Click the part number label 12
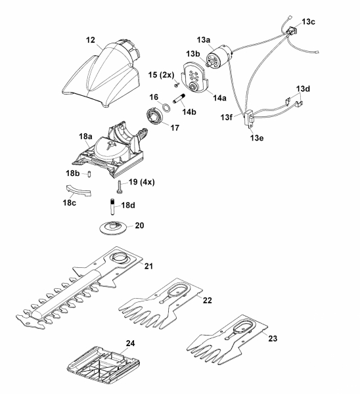pyautogui.click(x=91, y=40)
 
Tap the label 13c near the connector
pyautogui.click(x=308, y=22)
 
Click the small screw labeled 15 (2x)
pyautogui.click(x=176, y=85)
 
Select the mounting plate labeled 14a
pyautogui.click(x=195, y=77)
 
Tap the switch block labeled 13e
pyautogui.click(x=249, y=119)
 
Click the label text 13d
pyautogui.click(x=303, y=89)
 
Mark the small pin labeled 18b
pyautogui.click(x=89, y=174)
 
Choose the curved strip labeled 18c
pyautogui.click(x=79, y=191)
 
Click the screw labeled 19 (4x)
pyautogui.click(x=120, y=187)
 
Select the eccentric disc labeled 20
pyautogui.click(x=112, y=228)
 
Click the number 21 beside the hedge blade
pyautogui.click(x=148, y=266)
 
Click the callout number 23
pyautogui.click(x=273, y=338)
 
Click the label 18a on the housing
pyautogui.click(x=85, y=137)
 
